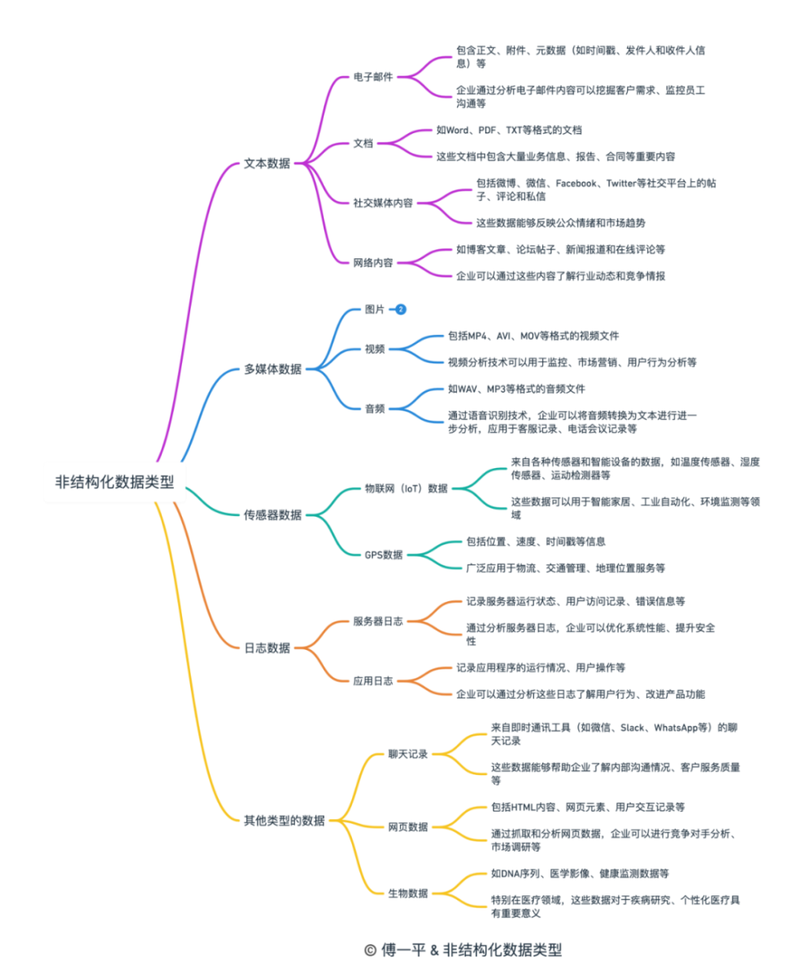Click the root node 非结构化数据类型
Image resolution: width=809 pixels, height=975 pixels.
click(115, 482)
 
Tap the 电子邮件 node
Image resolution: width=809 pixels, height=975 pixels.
click(372, 77)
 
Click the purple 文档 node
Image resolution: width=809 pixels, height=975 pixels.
click(363, 143)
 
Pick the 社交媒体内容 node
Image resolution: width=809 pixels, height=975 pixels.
click(382, 202)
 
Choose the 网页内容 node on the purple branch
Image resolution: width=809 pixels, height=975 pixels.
click(372, 262)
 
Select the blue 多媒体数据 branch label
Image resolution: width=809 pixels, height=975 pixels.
click(272, 369)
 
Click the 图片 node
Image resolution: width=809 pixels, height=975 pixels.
click(374, 310)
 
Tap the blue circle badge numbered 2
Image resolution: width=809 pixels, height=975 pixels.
click(400, 310)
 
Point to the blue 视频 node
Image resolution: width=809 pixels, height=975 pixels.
click(374, 349)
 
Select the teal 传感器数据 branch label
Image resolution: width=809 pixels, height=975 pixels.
click(272, 514)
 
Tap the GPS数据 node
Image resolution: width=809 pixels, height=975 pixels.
click(383, 554)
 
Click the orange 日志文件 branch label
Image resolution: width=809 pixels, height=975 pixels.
click(267, 648)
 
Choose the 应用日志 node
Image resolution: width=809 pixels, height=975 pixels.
click(373, 680)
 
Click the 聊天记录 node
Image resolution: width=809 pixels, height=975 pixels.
click(407, 754)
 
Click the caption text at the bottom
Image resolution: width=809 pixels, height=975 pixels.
click(463, 950)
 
